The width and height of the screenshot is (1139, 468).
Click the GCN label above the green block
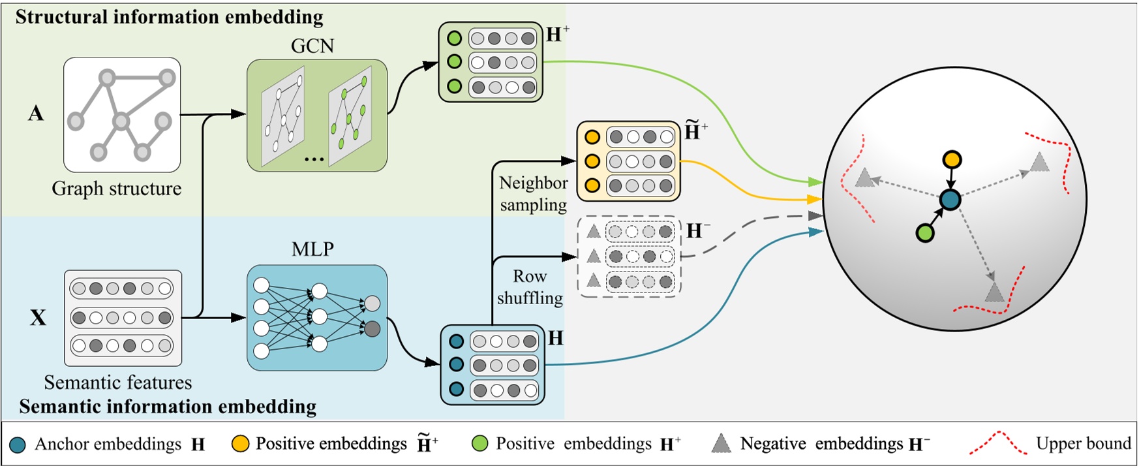click(312, 46)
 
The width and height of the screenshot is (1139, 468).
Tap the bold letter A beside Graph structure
click(36, 114)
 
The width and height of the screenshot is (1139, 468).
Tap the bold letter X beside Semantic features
click(38, 318)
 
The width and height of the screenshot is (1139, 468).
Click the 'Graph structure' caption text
click(117, 189)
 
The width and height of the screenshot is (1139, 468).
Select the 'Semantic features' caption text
click(118, 382)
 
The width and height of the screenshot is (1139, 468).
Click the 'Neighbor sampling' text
click(533, 194)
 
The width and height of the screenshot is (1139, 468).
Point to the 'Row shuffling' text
click(530, 287)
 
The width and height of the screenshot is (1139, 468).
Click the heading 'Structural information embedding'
click(169, 17)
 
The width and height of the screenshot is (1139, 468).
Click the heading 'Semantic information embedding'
click(168, 407)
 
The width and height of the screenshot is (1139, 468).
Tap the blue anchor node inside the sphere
click(950, 200)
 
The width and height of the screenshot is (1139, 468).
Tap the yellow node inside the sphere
click(952, 159)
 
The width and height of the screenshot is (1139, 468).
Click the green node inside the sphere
click(924, 232)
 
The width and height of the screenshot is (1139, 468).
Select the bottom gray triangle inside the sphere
click(994, 292)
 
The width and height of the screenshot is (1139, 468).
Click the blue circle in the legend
click(18, 445)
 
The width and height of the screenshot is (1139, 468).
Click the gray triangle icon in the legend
click(721, 444)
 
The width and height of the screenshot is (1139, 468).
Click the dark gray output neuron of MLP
click(372, 328)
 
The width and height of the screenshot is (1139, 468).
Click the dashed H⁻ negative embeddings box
click(630, 257)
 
